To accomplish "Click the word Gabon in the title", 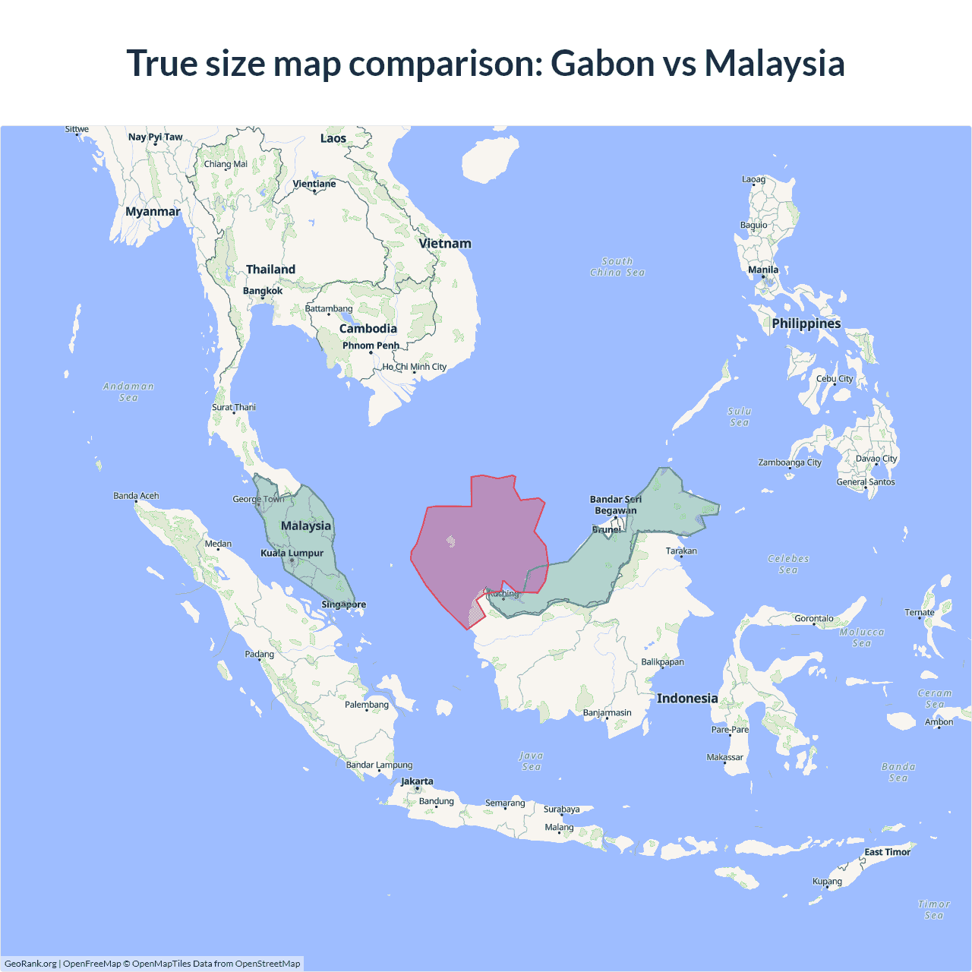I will pos(602,63).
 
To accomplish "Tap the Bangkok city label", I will pos(263,291).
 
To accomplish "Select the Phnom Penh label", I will pos(371,346).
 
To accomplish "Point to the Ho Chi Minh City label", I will pos(415,367).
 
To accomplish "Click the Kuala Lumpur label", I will pos(292,553).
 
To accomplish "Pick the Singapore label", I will pos(344,604).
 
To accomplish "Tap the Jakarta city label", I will pos(417,781).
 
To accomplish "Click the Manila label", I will pos(763,270).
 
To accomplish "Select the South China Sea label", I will pos(617,267).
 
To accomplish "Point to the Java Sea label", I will pos(532,761).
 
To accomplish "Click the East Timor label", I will pos(887,852).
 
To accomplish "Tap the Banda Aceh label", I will pos(136,496).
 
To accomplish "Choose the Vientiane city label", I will pos(314,184).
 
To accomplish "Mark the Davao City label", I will pos(876,459).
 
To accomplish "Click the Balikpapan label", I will pos(662,662).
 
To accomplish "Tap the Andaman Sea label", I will pos(128,392).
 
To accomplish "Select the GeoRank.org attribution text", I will pos(30,964).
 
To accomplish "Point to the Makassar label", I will pos(725,757).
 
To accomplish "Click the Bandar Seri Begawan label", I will pos(616,505).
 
